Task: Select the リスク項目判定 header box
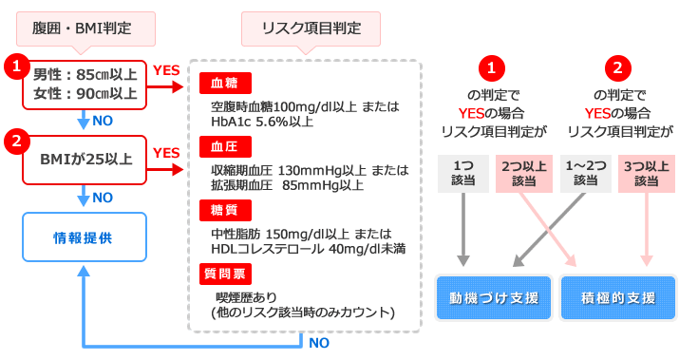coord(312,28)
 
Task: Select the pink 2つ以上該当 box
coord(523,172)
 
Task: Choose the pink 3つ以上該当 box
coord(647,172)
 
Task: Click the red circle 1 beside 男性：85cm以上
coord(16,66)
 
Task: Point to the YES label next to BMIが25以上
coord(166,152)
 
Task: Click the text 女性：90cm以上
coord(85,94)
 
